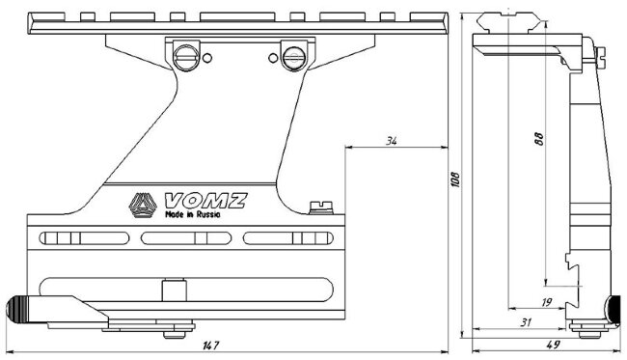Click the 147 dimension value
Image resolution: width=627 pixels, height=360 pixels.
coord(210,346)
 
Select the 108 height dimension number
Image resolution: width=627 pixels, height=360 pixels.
coord(455,180)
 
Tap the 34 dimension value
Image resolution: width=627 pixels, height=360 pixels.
coord(391,141)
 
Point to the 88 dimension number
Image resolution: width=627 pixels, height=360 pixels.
coord(539,138)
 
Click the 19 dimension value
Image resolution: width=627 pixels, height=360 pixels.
coord(546,302)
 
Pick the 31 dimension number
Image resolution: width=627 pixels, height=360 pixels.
coord(527,322)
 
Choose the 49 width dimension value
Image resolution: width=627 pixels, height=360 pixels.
coord(553,345)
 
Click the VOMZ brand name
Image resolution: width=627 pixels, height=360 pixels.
coord(205,201)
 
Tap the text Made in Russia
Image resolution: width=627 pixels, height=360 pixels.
coord(193,214)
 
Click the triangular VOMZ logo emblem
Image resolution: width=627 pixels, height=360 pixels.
coord(143,206)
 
